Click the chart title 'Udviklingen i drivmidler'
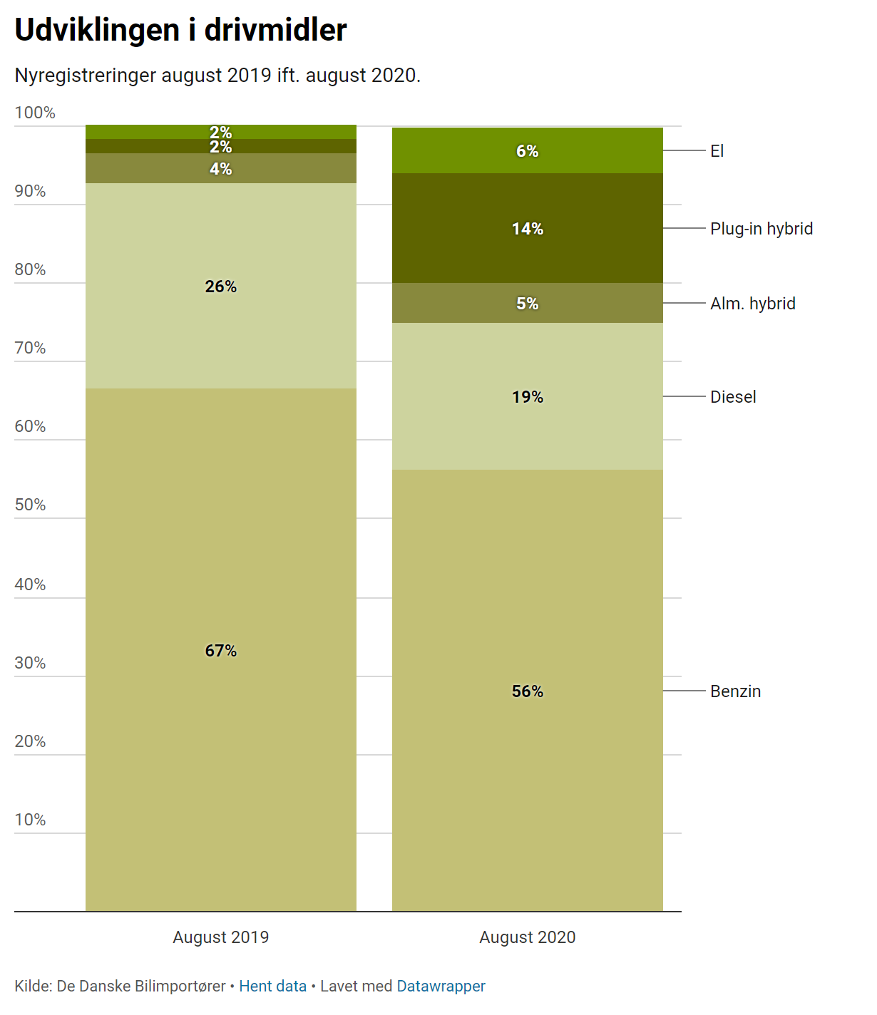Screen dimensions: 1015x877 point(180,30)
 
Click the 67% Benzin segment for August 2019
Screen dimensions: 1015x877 point(221,650)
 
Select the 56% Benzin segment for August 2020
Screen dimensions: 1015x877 point(528,691)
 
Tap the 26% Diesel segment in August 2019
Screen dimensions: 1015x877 point(221,286)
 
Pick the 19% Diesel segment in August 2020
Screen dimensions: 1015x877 point(528,396)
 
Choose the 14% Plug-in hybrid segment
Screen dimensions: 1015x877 point(528,228)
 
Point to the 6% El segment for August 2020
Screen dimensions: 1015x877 point(528,150)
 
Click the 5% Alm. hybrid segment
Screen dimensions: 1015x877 point(528,303)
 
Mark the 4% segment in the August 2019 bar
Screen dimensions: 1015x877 point(221,168)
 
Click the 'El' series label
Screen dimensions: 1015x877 point(717,150)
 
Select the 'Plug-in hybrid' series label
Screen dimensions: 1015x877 point(761,228)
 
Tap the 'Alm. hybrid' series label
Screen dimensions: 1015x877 point(752,303)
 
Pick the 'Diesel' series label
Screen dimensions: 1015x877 point(732,396)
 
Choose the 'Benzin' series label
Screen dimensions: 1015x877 point(735,691)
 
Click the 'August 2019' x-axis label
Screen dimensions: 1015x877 point(221,937)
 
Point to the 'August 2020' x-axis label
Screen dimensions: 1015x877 point(528,937)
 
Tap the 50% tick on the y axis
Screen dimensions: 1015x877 point(30,505)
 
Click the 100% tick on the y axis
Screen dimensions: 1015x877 point(34,113)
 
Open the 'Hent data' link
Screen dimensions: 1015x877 point(272,986)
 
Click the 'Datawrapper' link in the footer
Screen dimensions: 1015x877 point(441,986)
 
